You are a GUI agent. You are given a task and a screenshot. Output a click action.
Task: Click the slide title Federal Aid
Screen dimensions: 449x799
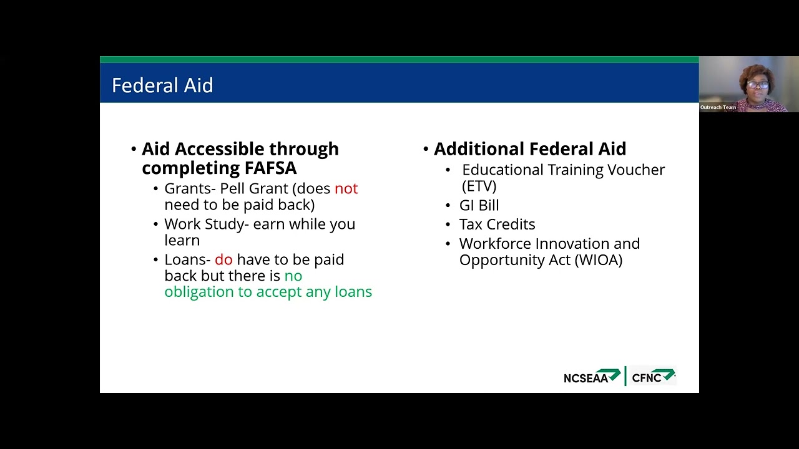point(162,85)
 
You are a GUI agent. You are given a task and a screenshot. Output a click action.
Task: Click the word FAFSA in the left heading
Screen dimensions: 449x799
point(267,168)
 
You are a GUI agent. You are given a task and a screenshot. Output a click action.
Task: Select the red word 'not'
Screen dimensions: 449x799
point(346,188)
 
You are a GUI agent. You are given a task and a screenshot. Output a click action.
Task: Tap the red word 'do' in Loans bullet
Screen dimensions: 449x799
point(223,259)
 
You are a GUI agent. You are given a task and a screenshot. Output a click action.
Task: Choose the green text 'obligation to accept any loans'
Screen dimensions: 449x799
point(268,292)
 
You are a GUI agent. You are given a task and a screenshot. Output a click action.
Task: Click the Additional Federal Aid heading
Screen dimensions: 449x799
point(529,149)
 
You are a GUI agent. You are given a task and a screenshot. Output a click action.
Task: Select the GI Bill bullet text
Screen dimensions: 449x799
point(479,205)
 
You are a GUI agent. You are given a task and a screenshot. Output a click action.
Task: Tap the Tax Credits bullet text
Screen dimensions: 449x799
point(497,224)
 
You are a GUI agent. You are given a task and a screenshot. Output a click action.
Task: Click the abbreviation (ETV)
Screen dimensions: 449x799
point(479,186)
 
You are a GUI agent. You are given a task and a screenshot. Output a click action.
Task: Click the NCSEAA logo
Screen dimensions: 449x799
point(591,377)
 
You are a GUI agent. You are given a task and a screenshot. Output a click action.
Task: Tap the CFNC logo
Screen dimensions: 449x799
point(653,377)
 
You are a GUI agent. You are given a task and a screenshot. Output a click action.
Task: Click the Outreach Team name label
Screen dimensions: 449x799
point(718,107)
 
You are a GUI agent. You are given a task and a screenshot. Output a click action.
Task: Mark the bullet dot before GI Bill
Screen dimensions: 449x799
point(448,206)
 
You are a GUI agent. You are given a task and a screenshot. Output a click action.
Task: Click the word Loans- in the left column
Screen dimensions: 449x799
point(187,259)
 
